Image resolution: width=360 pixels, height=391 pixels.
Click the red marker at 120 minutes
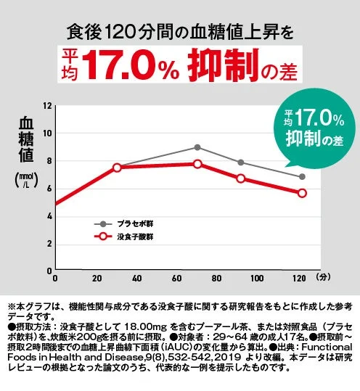tap(302, 193)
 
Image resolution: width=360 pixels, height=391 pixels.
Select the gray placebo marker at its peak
tap(197, 147)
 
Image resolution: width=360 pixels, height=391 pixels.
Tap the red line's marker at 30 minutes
tap(117, 168)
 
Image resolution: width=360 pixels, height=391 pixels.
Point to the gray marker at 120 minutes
tap(302, 176)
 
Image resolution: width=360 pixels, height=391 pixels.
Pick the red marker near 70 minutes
tap(197, 164)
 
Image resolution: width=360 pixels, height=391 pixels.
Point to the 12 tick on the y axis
tap(47, 106)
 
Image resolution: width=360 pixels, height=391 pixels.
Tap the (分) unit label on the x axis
tap(323, 277)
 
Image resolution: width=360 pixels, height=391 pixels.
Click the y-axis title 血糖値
tap(26, 138)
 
